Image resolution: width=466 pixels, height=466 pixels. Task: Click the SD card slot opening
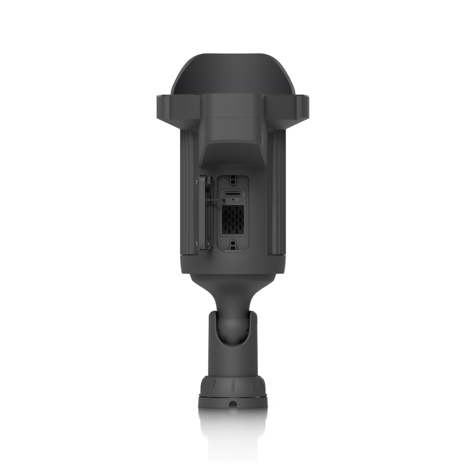233,194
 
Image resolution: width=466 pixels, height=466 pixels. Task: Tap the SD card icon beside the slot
243,194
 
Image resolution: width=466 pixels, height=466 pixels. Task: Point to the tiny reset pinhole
233,200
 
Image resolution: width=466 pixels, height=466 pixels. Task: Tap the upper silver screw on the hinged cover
198,182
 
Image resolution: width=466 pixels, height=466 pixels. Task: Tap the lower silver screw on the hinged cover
198,242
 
